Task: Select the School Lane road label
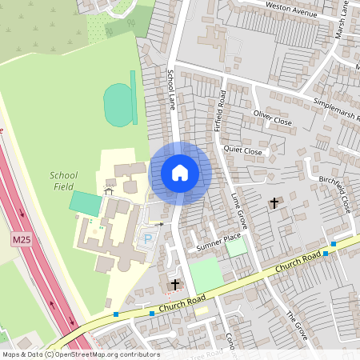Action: pos(171,89)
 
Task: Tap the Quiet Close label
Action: pos(243,150)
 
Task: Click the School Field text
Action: pos(64,180)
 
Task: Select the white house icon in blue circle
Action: pos(180,172)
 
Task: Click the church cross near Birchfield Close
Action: pos(274,203)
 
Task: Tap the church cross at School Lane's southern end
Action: pos(175,284)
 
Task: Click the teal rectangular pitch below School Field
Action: pos(85,202)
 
